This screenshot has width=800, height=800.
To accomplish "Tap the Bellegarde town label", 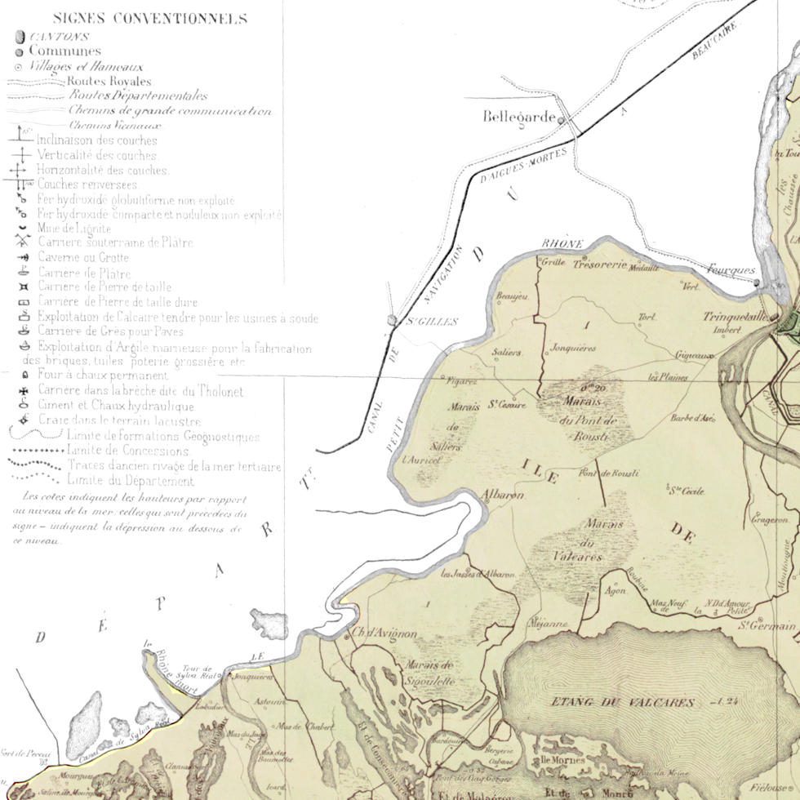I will click(x=519, y=118).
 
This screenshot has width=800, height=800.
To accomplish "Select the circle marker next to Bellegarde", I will click(x=562, y=120).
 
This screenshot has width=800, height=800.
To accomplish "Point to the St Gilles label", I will click(x=433, y=321).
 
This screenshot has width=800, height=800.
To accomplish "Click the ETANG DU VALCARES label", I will click(x=622, y=702).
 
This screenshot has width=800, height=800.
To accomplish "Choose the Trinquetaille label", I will click(x=736, y=317).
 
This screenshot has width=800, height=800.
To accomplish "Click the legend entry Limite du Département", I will click(x=131, y=481).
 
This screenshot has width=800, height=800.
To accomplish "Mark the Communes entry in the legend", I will click(x=64, y=51).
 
